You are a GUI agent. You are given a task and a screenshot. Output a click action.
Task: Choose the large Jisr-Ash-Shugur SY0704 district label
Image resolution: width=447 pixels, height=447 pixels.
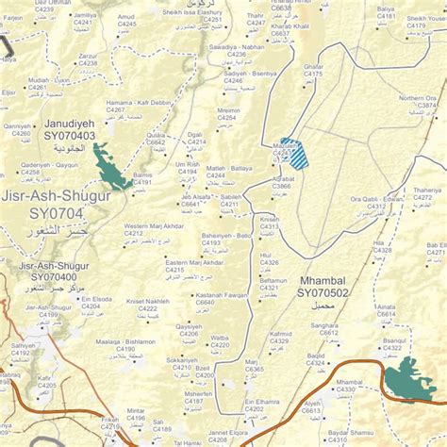(x=56, y=206)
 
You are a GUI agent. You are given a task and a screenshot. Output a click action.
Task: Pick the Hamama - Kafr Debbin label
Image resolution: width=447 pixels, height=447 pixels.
(x=138, y=101)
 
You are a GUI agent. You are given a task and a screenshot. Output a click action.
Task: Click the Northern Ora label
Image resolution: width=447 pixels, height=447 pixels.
(x=416, y=97)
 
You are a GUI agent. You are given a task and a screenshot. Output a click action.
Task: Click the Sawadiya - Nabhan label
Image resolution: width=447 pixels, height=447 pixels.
(x=237, y=46)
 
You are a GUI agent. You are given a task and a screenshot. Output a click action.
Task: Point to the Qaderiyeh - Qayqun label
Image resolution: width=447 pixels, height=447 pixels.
(x=48, y=164)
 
